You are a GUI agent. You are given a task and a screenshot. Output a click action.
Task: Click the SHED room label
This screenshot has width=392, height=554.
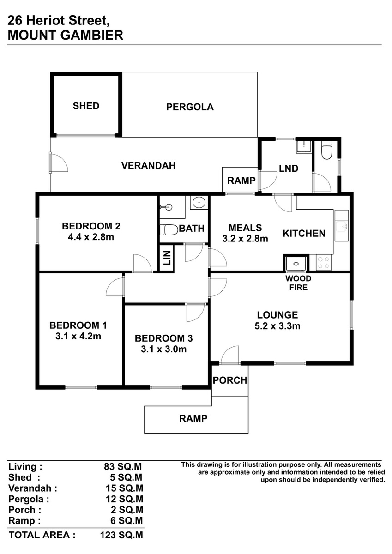(86, 106)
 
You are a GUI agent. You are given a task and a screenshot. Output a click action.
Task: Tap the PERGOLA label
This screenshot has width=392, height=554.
(190, 107)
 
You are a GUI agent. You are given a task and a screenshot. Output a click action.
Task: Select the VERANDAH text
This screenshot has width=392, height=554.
(148, 165)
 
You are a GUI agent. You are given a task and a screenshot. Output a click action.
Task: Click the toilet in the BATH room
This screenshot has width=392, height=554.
(169, 230)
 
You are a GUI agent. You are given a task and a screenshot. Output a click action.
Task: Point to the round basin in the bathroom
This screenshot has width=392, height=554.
(199, 203)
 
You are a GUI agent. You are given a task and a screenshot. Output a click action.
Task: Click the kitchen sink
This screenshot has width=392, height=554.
(342, 226)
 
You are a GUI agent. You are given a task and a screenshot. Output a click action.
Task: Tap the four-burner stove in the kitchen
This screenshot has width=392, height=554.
(324, 263)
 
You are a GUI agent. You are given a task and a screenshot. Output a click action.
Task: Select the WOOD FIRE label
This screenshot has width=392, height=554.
(298, 283)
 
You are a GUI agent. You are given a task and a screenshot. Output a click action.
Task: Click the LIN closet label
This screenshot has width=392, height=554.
(167, 258)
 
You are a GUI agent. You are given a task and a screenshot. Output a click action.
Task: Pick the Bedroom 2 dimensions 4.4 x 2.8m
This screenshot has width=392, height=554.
(91, 237)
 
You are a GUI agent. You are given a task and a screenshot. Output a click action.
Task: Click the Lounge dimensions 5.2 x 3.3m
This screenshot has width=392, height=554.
(277, 326)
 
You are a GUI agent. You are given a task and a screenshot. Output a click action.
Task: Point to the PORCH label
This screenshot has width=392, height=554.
(230, 380)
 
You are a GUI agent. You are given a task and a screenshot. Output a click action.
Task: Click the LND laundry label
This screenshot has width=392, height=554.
(289, 169)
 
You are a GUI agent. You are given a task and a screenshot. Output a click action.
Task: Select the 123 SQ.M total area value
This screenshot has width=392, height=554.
(121, 535)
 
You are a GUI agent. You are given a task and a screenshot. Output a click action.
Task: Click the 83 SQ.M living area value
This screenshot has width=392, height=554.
(123, 466)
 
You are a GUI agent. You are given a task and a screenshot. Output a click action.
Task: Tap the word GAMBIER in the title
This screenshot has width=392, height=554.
(92, 35)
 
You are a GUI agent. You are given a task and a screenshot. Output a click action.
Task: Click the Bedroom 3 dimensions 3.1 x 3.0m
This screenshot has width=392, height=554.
(163, 349)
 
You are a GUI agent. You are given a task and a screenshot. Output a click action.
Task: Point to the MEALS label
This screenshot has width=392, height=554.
(245, 228)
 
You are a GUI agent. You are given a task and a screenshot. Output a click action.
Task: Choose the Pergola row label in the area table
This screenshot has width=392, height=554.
(29, 499)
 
